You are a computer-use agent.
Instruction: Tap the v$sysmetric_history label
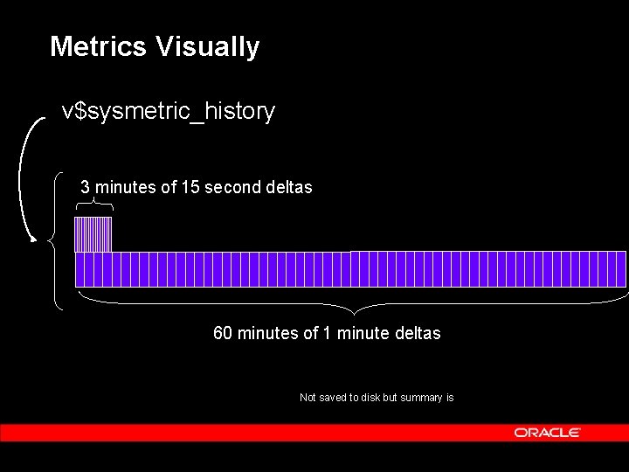[168, 112]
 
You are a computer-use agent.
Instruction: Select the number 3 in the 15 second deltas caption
[85, 187]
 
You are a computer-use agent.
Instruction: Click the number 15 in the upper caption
[190, 187]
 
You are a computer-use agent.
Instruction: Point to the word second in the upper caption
[233, 187]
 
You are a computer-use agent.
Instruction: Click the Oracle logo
[547, 433]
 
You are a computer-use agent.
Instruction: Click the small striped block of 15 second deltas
[93, 234]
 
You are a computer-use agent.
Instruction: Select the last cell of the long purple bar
[621, 269]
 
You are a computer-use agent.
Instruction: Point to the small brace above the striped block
[94, 203]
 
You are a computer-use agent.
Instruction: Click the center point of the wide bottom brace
[352, 309]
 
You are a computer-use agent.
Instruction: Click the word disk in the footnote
[368, 398]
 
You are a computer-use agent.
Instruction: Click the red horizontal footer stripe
[262, 433]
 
